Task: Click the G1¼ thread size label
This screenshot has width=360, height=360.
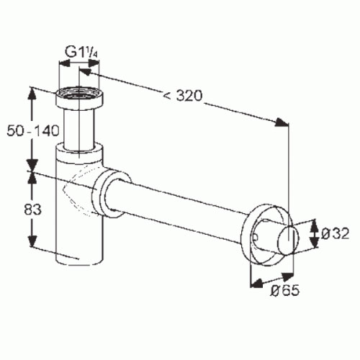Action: [x=81, y=53]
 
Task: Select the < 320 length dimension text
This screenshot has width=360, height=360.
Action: [x=183, y=95]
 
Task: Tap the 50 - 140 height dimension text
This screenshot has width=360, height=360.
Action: [x=33, y=131]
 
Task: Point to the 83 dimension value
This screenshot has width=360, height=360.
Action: [x=32, y=210]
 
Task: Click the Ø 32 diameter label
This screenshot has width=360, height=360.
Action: [x=335, y=233]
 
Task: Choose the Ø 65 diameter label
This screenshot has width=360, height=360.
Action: [x=285, y=291]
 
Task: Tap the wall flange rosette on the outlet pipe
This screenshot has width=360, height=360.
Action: [x=266, y=235]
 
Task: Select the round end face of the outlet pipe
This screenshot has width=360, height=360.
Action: [x=289, y=240]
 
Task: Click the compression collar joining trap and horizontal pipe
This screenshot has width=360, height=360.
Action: [x=112, y=194]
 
